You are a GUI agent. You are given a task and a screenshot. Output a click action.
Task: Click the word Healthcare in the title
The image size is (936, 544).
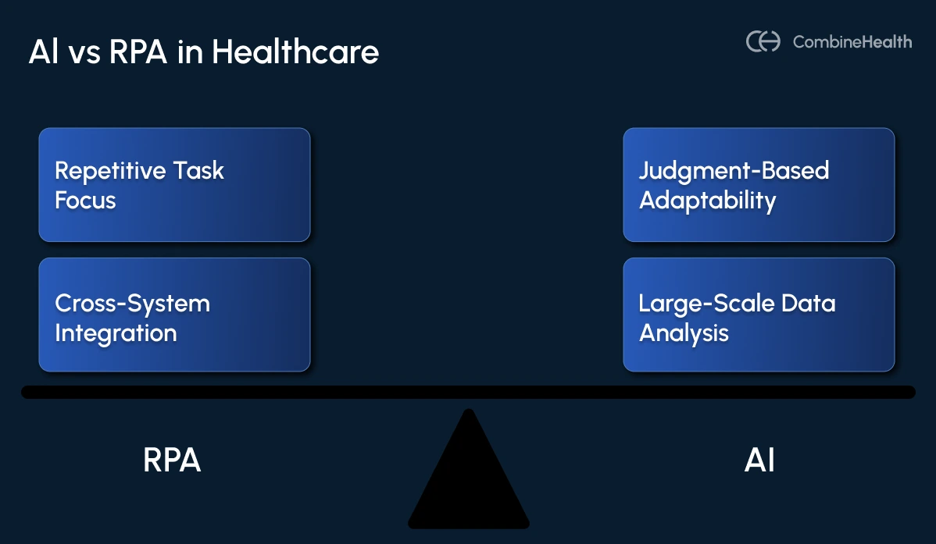pos(295,53)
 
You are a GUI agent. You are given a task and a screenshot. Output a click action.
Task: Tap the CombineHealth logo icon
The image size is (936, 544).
pos(763,41)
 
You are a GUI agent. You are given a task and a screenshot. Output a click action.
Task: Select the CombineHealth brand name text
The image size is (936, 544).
pos(852,42)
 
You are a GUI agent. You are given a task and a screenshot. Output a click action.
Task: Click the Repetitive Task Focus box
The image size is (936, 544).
pos(174,185)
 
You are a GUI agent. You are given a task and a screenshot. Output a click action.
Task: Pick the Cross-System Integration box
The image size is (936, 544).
pos(174,315)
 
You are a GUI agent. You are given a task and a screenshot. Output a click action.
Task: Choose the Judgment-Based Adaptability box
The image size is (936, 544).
pos(759,185)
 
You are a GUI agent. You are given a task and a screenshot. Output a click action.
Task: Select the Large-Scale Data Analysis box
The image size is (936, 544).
pos(759,315)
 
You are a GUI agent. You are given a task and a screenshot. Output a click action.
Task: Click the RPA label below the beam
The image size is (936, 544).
pos(172,460)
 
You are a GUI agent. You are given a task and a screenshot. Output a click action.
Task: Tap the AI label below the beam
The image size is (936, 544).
pos(759,460)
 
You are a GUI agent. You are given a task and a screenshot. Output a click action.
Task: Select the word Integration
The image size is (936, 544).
pos(116,334)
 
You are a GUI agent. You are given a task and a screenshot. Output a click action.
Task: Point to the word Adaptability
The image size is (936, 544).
pos(707,201)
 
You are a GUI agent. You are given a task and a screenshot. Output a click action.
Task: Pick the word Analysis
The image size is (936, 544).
pos(684,334)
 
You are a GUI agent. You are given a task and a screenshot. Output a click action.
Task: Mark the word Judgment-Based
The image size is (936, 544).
pos(734,171)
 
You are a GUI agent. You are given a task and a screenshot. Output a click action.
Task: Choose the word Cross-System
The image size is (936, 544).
pos(132,304)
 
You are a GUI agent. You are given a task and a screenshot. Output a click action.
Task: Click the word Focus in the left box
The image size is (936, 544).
pos(85,201)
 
